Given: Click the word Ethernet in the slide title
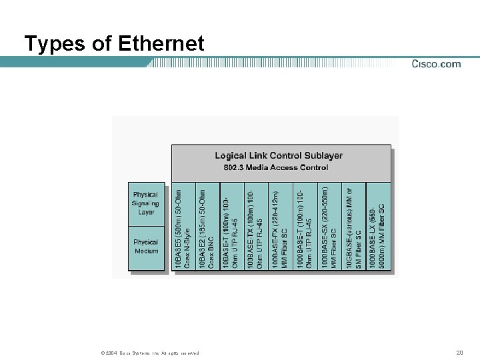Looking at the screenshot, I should tap(160, 44).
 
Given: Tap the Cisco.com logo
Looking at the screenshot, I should tap(436, 64).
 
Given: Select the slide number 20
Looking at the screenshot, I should tap(459, 353).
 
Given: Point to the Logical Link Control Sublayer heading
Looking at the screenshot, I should tap(279, 155).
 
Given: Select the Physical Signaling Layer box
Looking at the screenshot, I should tap(146, 203).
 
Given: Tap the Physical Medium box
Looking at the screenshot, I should tap(146, 247).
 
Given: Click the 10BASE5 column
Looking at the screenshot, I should tap(183, 227).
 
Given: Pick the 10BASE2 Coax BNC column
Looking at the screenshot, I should tap(207, 227).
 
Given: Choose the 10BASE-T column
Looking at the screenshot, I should tap(231, 227).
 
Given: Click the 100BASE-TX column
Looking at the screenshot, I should tap(255, 227).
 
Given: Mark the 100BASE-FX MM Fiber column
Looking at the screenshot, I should tap(279, 227).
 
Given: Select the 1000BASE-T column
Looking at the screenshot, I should tap(304, 227).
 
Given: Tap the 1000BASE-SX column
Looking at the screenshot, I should tap(329, 227).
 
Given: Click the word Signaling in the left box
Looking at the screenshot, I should tap(146, 203).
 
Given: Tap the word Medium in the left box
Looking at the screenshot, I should tap(147, 251).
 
